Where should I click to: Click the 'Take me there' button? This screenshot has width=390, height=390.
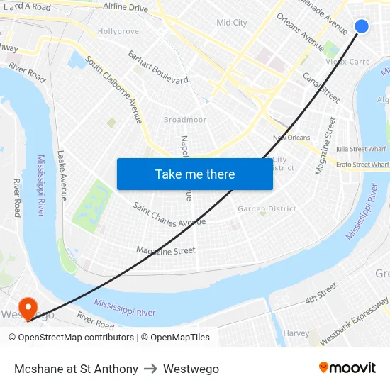[x=195, y=174]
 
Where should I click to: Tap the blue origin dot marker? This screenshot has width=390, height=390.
[x=361, y=26]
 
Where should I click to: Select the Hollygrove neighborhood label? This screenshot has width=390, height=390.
[x=118, y=32]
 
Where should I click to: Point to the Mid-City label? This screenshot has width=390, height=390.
[x=232, y=23]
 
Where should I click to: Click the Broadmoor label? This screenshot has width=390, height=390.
[x=185, y=120]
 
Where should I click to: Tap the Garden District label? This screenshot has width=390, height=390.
[x=267, y=208]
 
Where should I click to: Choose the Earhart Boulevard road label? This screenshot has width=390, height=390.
[x=157, y=67]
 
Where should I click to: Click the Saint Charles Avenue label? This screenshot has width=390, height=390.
[x=169, y=213]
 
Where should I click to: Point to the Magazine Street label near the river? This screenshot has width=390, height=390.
[x=165, y=250]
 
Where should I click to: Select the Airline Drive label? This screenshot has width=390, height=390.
[x=126, y=8]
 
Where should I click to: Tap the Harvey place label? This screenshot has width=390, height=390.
[x=296, y=333]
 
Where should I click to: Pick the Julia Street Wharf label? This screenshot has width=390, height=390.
[x=362, y=149]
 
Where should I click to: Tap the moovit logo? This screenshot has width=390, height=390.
[x=347, y=368]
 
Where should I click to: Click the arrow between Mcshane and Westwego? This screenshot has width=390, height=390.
[x=150, y=369]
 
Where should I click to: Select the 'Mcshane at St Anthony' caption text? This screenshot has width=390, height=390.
[x=76, y=369]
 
